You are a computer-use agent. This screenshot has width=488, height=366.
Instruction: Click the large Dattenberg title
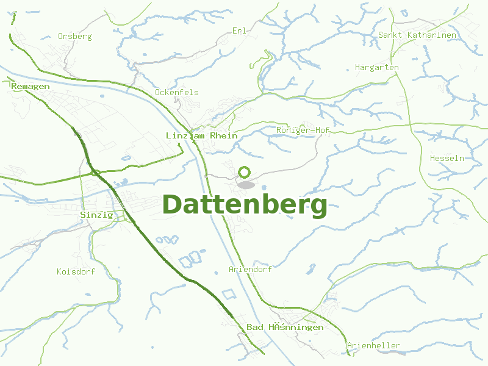point(245,205)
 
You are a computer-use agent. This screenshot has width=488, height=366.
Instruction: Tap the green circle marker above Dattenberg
point(245,172)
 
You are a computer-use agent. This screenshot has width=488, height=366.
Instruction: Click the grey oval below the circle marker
point(245,184)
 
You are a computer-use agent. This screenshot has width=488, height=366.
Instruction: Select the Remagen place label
point(30,86)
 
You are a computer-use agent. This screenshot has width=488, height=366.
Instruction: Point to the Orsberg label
point(74,36)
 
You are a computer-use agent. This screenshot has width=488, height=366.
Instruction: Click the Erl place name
point(239,30)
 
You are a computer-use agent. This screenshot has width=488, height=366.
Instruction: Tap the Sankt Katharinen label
point(417,35)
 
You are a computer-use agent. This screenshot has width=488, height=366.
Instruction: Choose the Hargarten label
point(376,67)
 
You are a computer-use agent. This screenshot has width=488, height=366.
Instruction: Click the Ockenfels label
point(176,92)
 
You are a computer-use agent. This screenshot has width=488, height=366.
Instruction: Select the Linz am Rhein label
point(201,135)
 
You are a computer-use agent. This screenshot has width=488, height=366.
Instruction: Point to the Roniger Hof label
point(303,130)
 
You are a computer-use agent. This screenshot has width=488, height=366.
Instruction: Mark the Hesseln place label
point(447,158)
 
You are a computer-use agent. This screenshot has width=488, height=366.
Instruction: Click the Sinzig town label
point(96,215)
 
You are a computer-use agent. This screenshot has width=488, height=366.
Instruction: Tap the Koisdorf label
point(76,271)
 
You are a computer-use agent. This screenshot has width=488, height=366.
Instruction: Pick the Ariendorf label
point(250,268)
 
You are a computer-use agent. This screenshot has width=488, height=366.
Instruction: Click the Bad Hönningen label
point(284,328)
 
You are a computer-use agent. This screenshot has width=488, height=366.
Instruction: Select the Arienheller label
point(373,346)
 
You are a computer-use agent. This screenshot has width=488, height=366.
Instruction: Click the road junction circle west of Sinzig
point(96,173)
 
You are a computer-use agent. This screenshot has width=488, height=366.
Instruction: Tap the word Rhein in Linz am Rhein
point(223,135)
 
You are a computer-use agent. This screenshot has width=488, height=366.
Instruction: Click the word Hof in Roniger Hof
point(321,130)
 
